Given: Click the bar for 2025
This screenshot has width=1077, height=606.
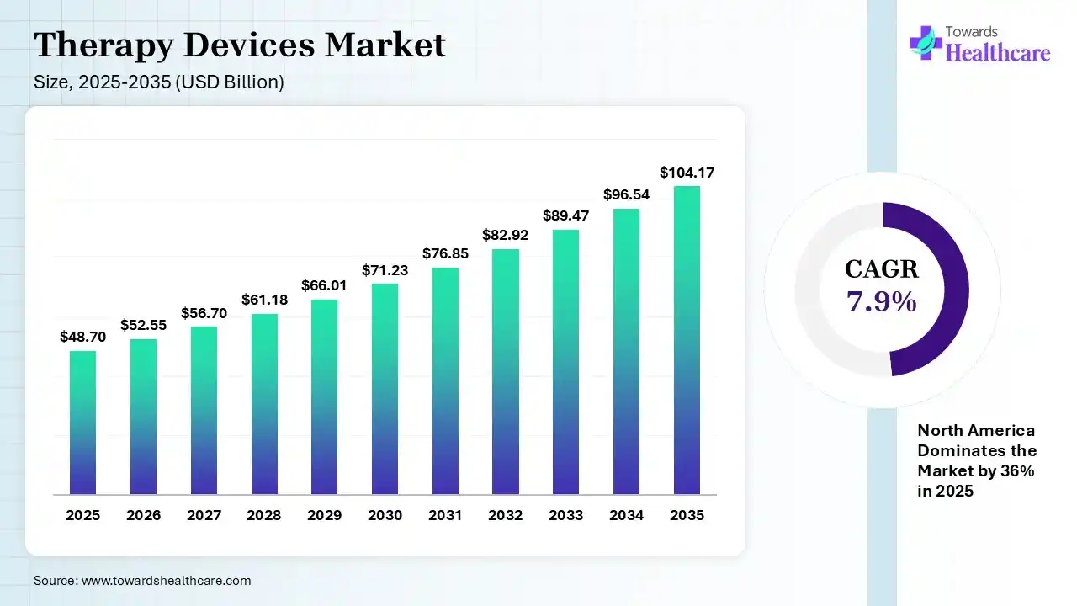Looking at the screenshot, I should tap(82, 423).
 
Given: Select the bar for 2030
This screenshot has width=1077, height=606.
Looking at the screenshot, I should tap(385, 389).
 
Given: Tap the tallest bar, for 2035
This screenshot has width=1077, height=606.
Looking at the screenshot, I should tap(687, 340).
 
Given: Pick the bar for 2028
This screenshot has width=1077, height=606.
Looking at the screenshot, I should tap(264, 404).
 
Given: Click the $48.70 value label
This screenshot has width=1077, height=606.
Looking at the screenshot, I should tap(82, 337).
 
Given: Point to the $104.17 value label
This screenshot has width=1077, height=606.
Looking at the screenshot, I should tap(687, 173).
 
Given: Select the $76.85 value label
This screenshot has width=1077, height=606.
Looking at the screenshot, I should tap(445, 253).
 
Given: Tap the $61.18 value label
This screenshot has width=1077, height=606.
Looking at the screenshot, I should tap(264, 300).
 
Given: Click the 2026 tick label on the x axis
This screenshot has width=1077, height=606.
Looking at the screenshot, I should tap(143, 515).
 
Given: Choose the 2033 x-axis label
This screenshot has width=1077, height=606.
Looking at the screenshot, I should tap(566, 515).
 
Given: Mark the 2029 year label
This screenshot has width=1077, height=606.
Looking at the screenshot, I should tap(324, 515).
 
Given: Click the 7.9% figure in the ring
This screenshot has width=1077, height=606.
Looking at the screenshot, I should tap(882, 300).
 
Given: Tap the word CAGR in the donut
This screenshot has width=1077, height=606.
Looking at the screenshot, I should tap(882, 269).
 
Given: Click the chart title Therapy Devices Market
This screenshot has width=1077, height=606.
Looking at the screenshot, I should tap(240, 45).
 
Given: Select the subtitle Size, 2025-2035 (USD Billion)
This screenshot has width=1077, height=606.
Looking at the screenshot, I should tap(159, 82).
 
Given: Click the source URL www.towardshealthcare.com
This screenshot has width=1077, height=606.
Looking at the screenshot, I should tap(165, 581).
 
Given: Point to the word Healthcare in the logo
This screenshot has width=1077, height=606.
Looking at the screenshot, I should tap(998, 52).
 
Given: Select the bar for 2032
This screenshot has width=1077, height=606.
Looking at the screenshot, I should tap(506, 372).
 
